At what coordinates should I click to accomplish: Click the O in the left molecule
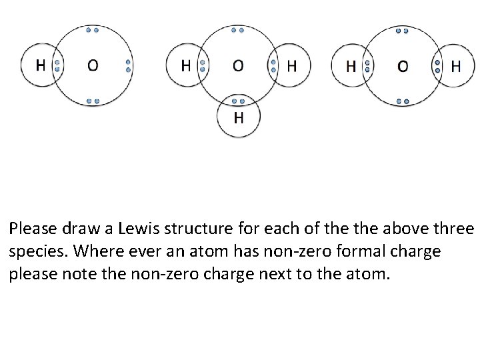93,65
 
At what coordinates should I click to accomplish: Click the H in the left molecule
40,65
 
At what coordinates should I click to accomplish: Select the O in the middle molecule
238,65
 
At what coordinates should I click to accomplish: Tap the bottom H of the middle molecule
238,119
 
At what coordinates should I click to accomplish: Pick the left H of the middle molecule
186,65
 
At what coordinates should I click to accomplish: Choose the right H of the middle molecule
291,65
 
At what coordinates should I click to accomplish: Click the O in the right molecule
403,65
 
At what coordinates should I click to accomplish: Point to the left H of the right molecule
351,65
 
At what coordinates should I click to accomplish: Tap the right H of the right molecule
456,65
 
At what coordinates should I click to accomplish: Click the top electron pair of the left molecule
93,30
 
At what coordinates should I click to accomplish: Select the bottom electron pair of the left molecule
93,101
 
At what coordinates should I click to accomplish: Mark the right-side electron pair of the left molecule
128,65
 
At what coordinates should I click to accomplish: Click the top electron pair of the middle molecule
238,30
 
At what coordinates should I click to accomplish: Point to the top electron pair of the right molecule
402,30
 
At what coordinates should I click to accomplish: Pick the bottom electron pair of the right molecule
402,101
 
